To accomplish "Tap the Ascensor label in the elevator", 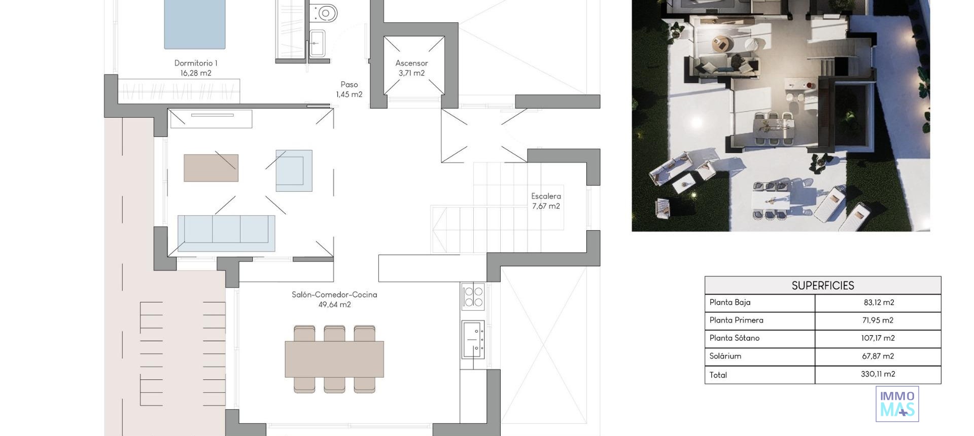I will pyautogui.click(x=411, y=63).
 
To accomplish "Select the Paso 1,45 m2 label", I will pyautogui.click(x=349, y=89).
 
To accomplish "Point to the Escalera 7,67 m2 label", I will pyautogui.click(x=546, y=201).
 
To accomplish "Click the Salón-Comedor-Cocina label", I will pyautogui.click(x=334, y=295).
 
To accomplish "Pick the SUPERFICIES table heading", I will pyautogui.click(x=822, y=285).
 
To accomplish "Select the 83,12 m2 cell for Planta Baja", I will pyautogui.click(x=878, y=303).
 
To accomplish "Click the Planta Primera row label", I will pyautogui.click(x=736, y=320).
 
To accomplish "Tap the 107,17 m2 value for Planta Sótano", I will pyautogui.click(x=878, y=338).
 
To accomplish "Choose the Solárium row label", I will pyautogui.click(x=725, y=356).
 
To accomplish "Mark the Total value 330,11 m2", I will pyautogui.click(x=878, y=374).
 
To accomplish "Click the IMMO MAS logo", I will pyautogui.click(x=897, y=404).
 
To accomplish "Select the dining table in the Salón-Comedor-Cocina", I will pyautogui.click(x=334, y=359).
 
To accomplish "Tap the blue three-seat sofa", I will pyautogui.click(x=226, y=233).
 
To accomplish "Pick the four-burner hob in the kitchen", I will pyautogui.click(x=473, y=297).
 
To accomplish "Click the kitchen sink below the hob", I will pyautogui.click(x=473, y=339).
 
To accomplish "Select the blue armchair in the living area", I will pyautogui.click(x=294, y=170).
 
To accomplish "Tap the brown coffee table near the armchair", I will pyautogui.click(x=211, y=168).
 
